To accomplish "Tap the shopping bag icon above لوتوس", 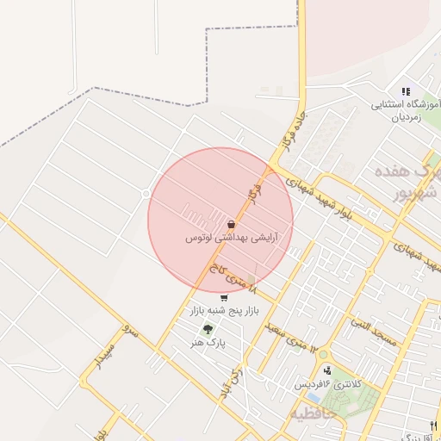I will point(231,224).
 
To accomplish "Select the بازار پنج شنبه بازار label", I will point(224,310).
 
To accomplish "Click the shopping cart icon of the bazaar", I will point(224,298).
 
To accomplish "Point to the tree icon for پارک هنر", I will point(207,329).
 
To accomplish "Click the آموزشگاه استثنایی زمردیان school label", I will point(406,111).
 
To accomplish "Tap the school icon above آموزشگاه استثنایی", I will point(406,92).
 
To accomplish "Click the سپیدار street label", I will point(108,359).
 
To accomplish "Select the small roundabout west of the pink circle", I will point(146,194).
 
